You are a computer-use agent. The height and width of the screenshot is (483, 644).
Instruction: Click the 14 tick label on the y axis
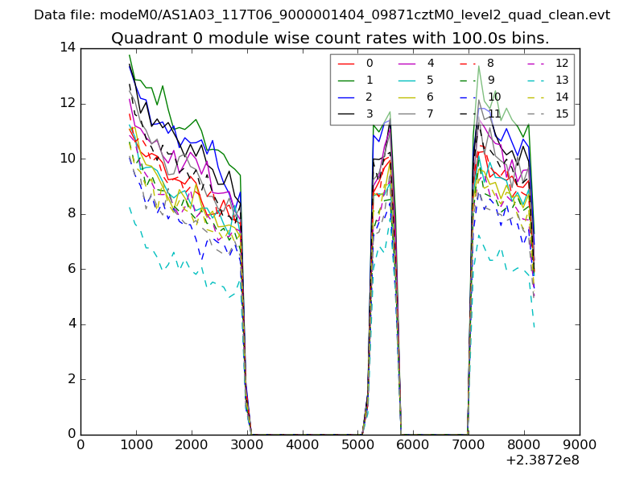click(68, 47)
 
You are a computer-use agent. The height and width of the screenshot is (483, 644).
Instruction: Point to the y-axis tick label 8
click(71, 213)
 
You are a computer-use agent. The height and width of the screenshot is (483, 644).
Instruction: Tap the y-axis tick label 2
click(71, 379)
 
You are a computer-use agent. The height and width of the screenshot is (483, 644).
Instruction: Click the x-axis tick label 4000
click(303, 444)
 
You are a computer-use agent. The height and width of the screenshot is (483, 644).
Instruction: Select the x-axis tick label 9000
click(580, 444)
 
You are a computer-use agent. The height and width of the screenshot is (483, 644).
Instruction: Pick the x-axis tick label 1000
click(136, 444)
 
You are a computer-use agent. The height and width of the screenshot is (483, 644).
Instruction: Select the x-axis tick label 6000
click(414, 444)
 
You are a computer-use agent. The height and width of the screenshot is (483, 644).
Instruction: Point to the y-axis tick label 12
click(68, 103)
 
